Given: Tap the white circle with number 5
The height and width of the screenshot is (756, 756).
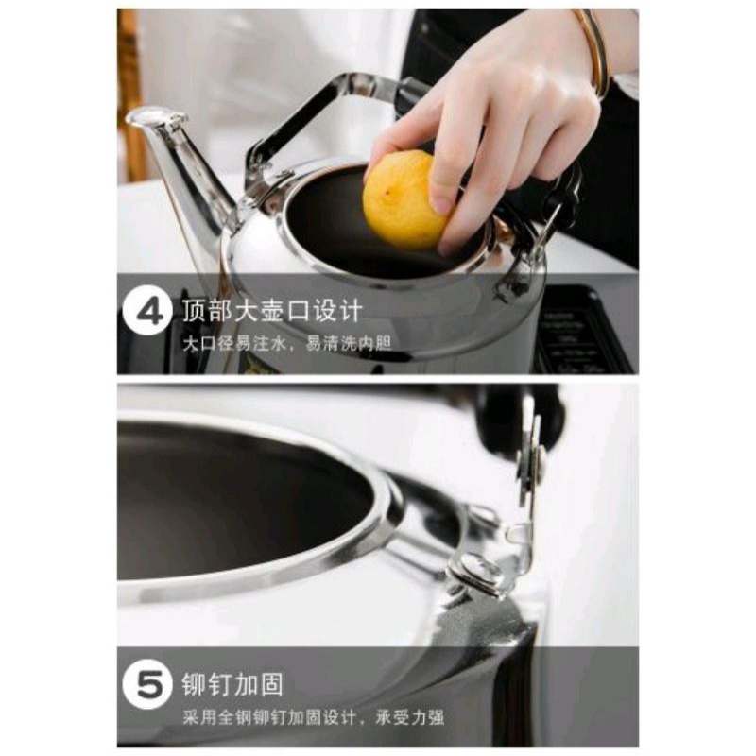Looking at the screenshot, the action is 147,683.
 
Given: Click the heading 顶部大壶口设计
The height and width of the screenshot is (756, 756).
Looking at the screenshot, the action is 272,310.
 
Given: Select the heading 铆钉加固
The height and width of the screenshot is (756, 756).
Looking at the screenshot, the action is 232,683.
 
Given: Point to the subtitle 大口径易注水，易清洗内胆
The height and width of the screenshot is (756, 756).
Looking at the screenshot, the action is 287,344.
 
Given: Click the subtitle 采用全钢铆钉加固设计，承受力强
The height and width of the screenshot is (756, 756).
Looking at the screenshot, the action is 314,717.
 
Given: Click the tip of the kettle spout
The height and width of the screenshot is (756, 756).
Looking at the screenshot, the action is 155,116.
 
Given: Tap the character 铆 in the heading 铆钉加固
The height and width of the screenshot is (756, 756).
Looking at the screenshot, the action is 195,683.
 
